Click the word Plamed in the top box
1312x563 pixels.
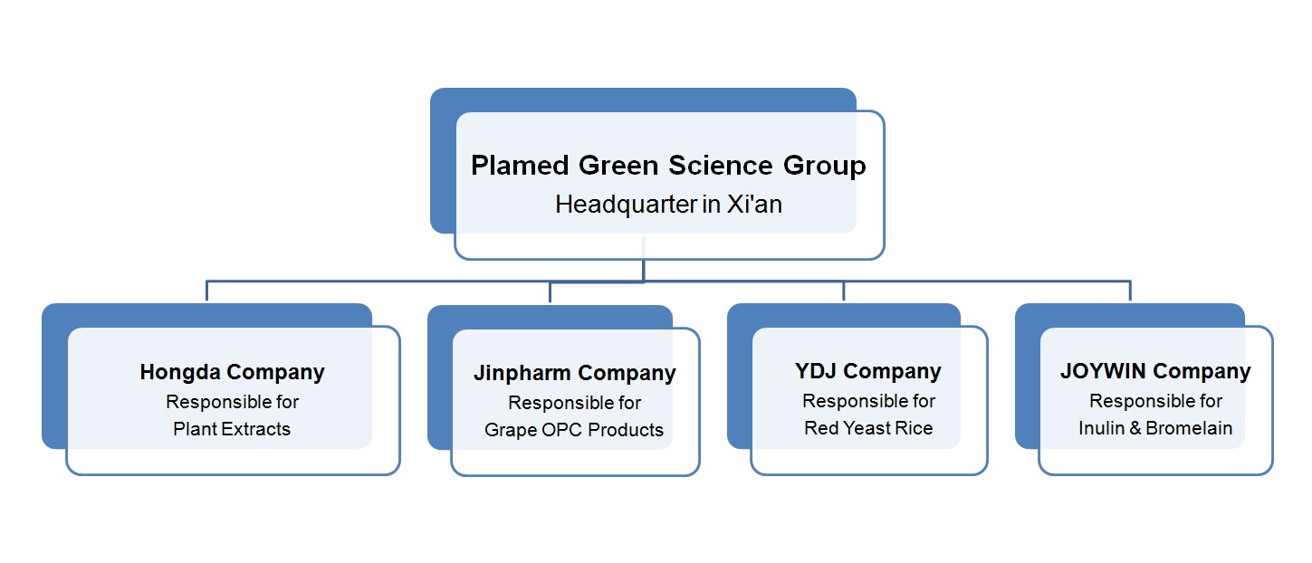(520, 165)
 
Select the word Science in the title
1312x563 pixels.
(721, 165)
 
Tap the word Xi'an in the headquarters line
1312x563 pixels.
(754, 205)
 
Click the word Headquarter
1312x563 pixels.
(627, 205)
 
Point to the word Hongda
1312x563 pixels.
(180, 373)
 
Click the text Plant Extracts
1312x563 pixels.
(232, 429)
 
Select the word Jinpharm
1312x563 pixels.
(522, 374)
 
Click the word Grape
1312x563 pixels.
(510, 431)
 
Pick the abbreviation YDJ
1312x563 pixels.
(816, 371)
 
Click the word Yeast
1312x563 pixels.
(869, 428)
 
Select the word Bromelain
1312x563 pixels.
(1189, 428)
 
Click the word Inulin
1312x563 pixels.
(1101, 428)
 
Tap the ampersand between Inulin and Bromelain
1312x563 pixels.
(1135, 428)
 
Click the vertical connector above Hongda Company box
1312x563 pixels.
(206, 291)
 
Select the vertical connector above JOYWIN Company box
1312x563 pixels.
(1130, 291)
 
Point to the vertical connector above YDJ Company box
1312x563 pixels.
(844, 291)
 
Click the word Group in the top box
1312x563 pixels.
(825, 167)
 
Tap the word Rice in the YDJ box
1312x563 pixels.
(916, 428)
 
